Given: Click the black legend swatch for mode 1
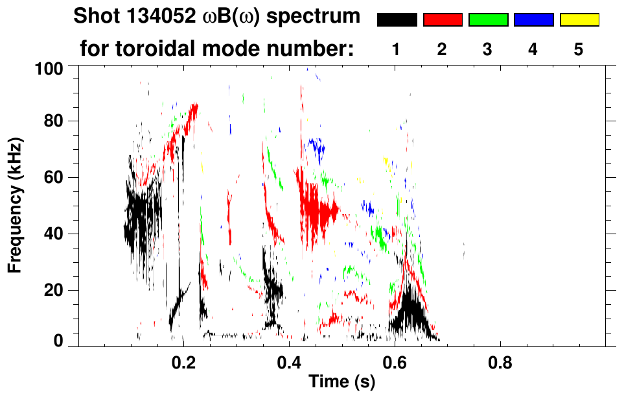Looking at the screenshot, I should click(x=397, y=20).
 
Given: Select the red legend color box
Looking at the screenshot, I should click(x=443, y=20).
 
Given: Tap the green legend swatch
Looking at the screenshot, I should click(x=488, y=20).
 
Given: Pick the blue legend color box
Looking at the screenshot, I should click(x=533, y=20).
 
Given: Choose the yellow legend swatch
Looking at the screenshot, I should click(x=579, y=20).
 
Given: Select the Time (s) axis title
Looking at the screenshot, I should click(x=341, y=382).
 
